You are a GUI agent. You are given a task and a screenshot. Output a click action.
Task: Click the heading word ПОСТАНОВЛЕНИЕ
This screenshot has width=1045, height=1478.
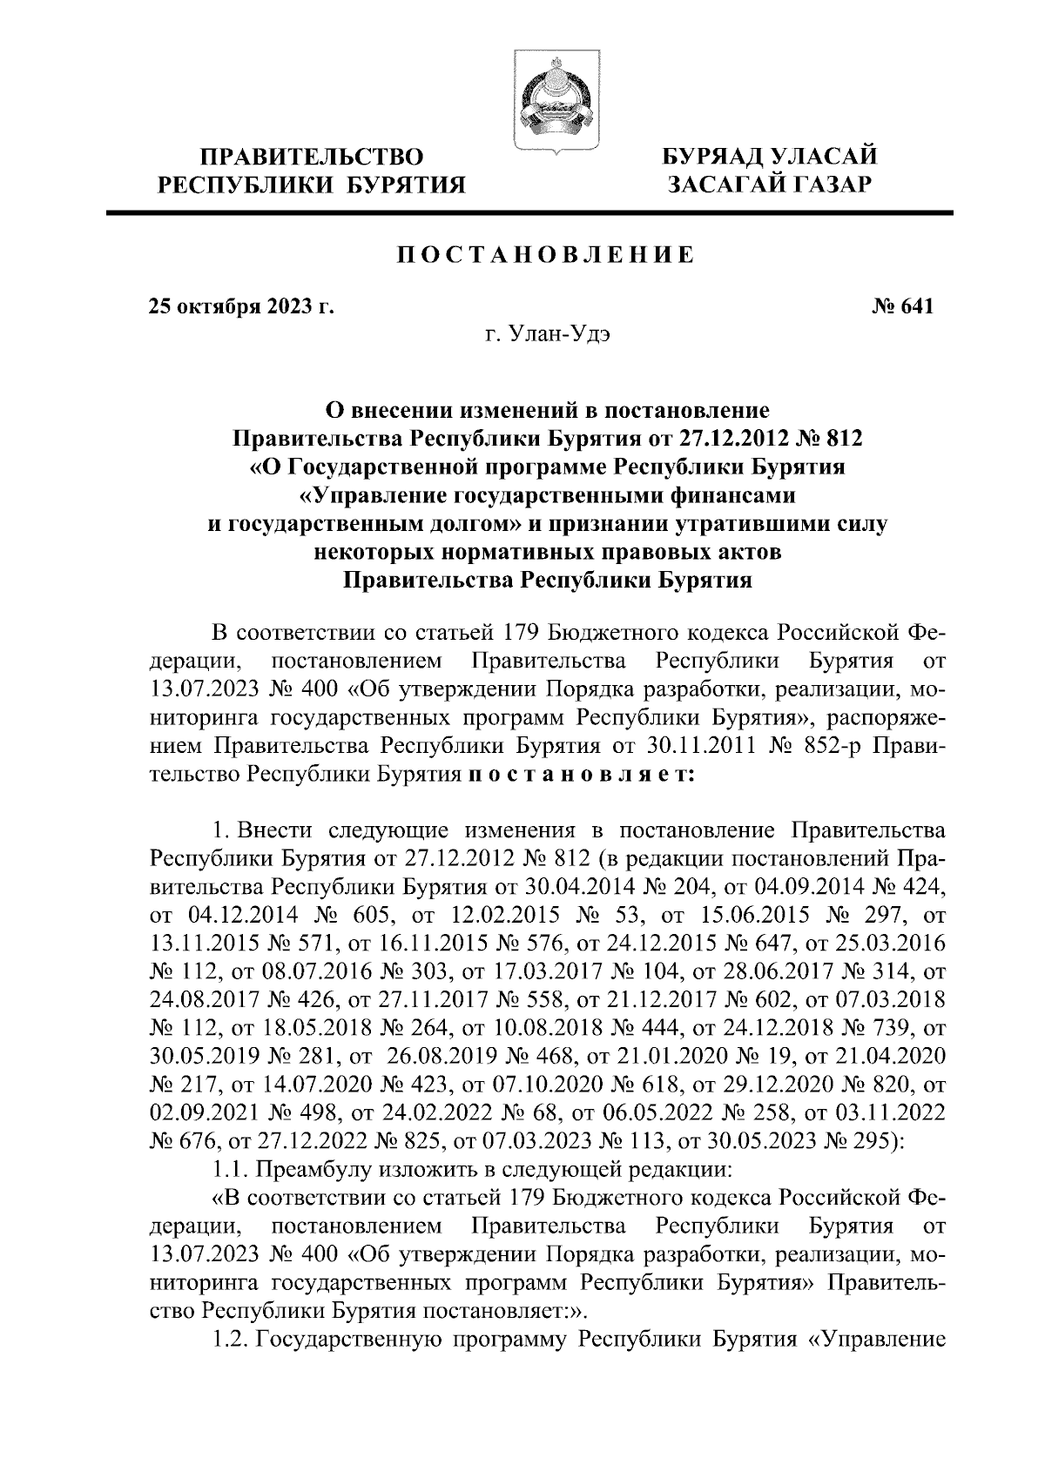click(546, 255)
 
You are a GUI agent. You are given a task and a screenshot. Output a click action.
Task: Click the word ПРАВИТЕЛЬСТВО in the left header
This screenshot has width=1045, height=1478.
click(313, 158)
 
